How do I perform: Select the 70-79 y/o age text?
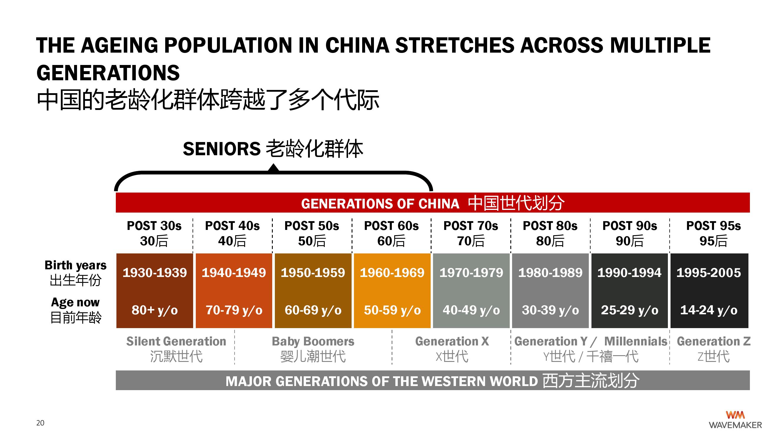(x=234, y=310)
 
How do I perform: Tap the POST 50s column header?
(x=312, y=233)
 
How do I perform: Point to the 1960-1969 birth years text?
(x=392, y=273)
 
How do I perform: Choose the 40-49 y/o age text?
(x=471, y=310)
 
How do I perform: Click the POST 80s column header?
(x=550, y=233)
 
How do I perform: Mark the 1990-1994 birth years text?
(x=629, y=273)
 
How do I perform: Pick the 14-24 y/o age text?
(x=709, y=310)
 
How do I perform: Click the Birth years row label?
(x=76, y=273)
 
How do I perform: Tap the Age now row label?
(x=76, y=310)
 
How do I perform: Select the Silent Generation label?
(x=176, y=349)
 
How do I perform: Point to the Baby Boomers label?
(x=313, y=349)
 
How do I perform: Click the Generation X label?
(x=452, y=349)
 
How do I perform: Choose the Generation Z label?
(x=713, y=349)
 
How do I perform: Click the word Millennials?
(x=636, y=341)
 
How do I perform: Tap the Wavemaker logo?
(x=735, y=420)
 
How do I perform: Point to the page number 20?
(x=40, y=423)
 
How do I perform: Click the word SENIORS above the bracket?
(x=222, y=149)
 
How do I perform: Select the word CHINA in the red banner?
(x=439, y=204)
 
